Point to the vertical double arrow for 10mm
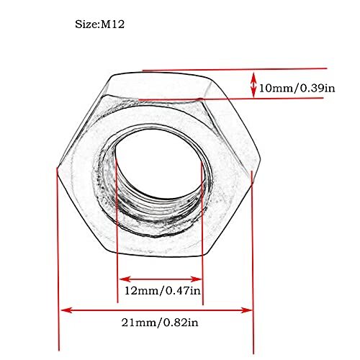click(253, 84)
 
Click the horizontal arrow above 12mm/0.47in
click(161, 278)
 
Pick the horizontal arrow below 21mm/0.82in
click(157, 310)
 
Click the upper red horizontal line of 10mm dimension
click(216, 70)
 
